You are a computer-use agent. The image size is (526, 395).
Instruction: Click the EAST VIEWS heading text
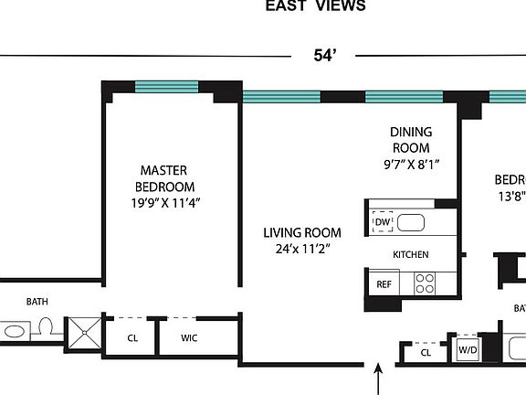tap(315, 6)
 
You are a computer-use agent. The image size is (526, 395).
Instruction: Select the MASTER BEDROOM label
tap(163, 179)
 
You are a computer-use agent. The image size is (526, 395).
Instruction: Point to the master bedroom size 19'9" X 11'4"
tap(165, 203)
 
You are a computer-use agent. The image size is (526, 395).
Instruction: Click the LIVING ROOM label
tap(302, 232)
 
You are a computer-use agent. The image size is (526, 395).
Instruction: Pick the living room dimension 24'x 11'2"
tap(302, 249)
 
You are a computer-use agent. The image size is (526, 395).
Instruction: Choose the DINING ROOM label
tap(411, 140)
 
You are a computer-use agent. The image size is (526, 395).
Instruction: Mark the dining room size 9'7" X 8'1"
tap(411, 165)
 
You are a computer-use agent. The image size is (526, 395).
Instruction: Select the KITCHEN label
tap(411, 254)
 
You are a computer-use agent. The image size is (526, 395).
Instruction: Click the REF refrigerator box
tap(384, 284)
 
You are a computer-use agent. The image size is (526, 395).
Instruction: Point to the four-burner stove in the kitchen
tap(426, 283)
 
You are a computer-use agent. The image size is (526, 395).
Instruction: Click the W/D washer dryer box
tap(468, 350)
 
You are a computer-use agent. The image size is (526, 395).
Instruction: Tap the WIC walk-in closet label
tap(189, 337)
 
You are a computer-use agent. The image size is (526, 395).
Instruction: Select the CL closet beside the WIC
tap(132, 337)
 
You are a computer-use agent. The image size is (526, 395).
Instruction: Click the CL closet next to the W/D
tap(426, 351)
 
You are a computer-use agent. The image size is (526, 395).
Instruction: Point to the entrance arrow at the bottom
tap(379, 379)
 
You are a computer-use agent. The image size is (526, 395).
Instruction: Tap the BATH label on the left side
tap(37, 301)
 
